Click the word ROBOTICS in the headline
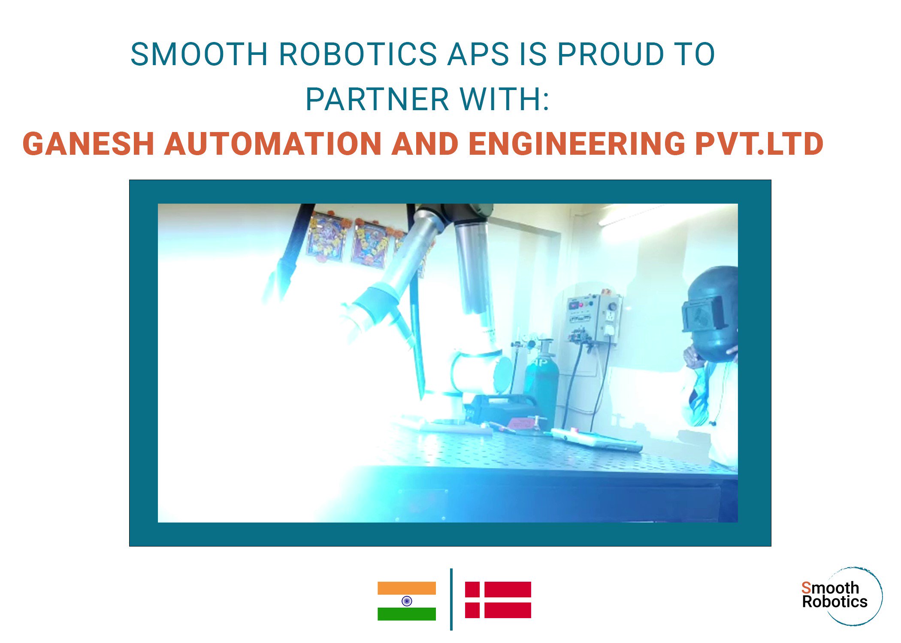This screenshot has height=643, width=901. click(x=358, y=54)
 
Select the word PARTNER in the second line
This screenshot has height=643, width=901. click(x=377, y=99)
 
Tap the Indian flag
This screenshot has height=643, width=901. click(x=406, y=601)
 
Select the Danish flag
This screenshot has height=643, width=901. click(x=498, y=600)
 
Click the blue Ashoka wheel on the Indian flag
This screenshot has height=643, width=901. click(x=407, y=601)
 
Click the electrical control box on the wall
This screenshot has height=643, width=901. click(x=594, y=317)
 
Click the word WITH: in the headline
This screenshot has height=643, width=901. click(x=505, y=99)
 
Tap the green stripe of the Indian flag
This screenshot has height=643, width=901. click(x=406, y=614)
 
